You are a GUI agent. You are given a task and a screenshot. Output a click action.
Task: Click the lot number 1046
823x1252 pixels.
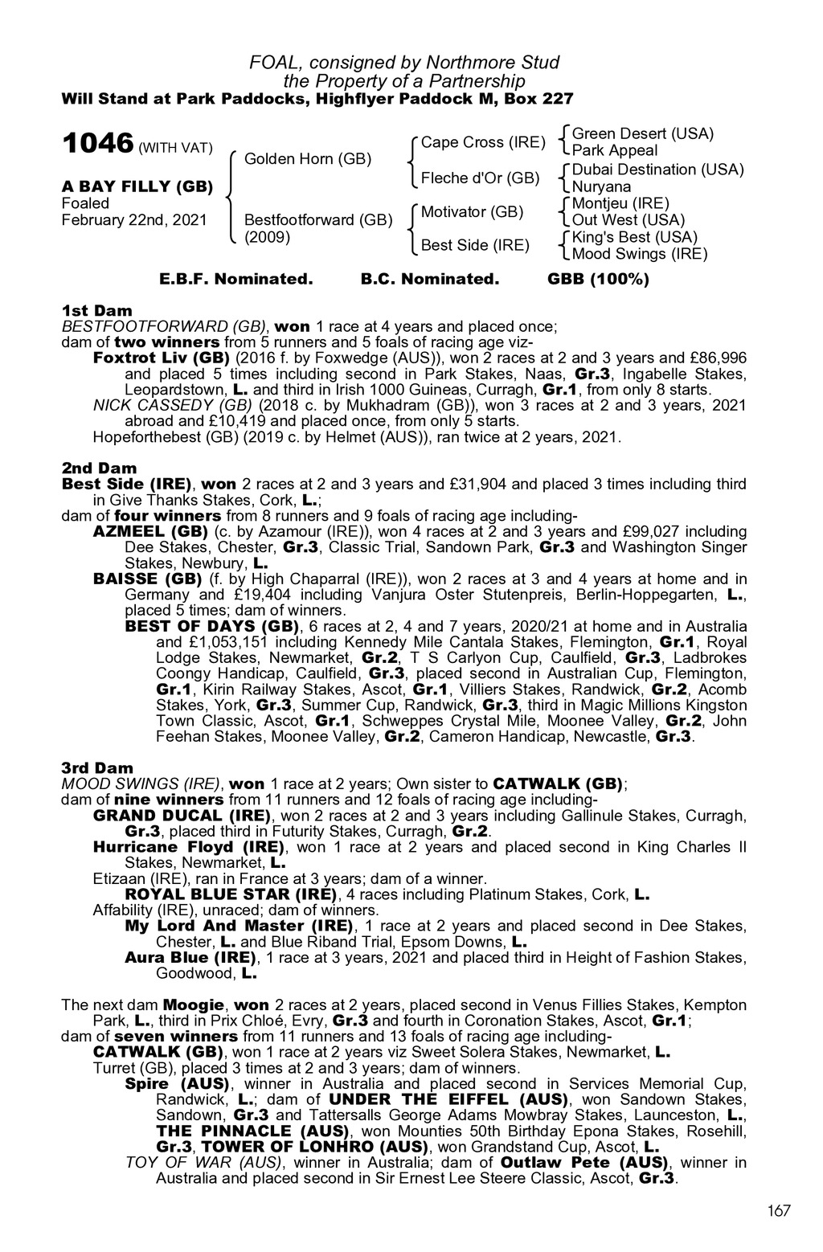(97, 145)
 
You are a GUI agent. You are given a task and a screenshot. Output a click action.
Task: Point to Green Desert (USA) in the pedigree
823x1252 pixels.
(642, 133)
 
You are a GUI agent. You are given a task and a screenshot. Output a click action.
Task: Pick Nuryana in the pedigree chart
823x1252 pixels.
(601, 186)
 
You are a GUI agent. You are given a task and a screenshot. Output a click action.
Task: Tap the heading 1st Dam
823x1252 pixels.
(96, 310)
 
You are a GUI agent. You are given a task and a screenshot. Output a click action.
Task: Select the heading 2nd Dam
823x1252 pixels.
(99, 468)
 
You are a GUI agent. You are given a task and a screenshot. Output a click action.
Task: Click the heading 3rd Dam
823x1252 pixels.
(97, 767)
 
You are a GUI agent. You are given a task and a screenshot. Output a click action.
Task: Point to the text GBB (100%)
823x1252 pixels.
(598, 280)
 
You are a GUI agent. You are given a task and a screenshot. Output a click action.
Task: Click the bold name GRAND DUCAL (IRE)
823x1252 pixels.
(182, 815)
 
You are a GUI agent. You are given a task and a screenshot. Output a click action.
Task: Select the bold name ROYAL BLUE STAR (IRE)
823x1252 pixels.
(229, 894)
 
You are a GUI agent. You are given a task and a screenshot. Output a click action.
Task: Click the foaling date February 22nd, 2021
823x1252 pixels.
(134, 220)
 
